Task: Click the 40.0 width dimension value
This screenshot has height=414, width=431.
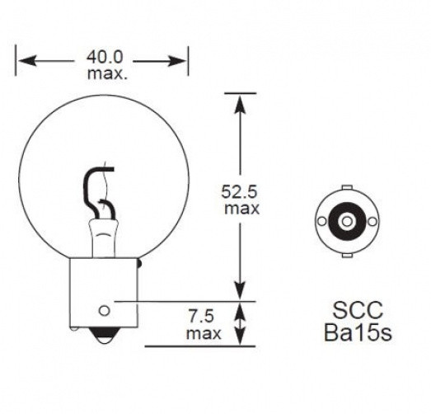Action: click(105, 57)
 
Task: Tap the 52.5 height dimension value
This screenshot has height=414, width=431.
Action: click(240, 191)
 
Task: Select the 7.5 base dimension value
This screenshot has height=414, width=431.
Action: click(200, 316)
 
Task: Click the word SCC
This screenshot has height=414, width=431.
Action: click(358, 310)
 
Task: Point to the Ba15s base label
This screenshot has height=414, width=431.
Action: click(358, 332)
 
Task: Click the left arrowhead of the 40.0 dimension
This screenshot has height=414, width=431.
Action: click(27, 60)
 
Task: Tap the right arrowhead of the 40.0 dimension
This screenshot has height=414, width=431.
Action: click(177, 60)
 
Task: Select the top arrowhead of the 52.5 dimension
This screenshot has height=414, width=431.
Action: click(240, 104)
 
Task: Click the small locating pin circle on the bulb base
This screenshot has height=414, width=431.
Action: click(104, 311)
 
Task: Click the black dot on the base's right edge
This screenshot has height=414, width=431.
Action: click(139, 265)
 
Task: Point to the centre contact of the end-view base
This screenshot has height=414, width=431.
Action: click(347, 221)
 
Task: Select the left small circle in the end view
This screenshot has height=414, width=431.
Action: click(322, 221)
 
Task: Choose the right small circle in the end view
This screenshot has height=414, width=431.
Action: click(372, 221)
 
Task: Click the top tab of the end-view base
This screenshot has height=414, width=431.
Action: click(347, 187)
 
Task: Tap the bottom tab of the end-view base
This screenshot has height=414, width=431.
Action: click(347, 256)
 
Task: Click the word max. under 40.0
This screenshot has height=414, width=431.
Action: click(107, 73)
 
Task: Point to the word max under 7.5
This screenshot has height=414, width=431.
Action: click(204, 333)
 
